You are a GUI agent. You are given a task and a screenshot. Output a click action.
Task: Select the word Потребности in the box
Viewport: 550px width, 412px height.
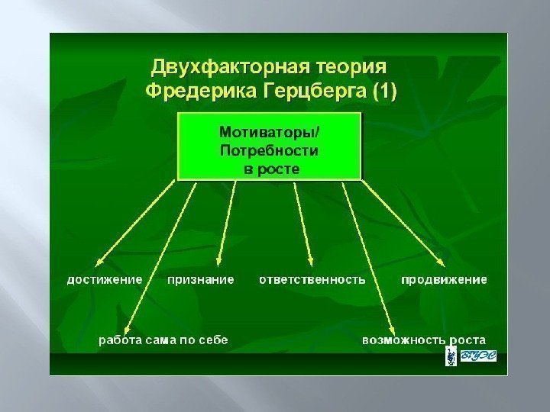click(x=270, y=150)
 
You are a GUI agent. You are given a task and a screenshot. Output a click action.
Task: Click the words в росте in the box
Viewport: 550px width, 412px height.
click(x=271, y=168)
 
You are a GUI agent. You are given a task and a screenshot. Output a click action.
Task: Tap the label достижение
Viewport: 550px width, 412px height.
click(x=105, y=279)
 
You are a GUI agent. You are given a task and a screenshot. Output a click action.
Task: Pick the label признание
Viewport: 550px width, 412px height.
click(x=200, y=279)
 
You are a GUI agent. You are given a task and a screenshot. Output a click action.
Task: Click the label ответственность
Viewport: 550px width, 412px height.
click(x=312, y=279)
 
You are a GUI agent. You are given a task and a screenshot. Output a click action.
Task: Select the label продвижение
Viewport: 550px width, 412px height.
click(x=445, y=279)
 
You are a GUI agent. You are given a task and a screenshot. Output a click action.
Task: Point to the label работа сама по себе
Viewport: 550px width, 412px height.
click(x=163, y=340)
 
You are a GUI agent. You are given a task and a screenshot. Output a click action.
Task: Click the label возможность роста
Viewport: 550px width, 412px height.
click(x=424, y=340)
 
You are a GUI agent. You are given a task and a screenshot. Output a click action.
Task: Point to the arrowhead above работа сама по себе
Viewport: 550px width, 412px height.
click(x=127, y=327)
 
